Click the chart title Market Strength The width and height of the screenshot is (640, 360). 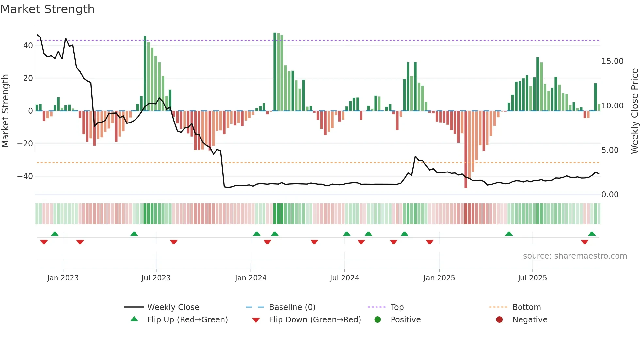(48, 9)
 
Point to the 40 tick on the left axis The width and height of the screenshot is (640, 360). (28, 46)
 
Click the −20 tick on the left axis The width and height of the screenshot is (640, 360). (25, 144)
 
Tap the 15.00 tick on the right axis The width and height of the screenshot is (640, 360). (612, 61)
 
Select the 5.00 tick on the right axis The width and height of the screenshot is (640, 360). (610, 150)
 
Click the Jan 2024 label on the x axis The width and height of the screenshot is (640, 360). (250, 278)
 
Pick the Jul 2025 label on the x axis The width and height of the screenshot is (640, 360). (532, 278)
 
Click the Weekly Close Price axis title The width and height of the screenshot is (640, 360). (634, 111)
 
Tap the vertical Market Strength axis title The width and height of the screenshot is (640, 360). (6, 111)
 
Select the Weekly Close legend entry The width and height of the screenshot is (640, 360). (173, 307)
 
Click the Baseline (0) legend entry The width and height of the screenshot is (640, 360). (292, 307)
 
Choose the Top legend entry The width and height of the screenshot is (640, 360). (397, 307)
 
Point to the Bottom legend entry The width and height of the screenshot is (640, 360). (526, 307)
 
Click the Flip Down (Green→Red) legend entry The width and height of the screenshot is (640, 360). (314, 320)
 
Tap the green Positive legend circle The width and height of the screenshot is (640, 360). (378, 320)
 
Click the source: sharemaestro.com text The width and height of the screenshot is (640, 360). (575, 256)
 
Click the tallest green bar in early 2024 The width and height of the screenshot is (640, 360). (275, 72)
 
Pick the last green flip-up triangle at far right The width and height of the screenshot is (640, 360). (592, 234)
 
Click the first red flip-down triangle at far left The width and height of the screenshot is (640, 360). (44, 242)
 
